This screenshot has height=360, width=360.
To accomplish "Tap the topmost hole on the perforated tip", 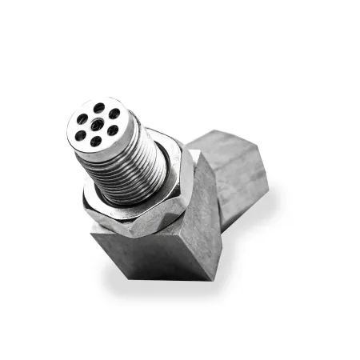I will tap(98, 107).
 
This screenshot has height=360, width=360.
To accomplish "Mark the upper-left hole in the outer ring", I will tap(82, 118).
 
